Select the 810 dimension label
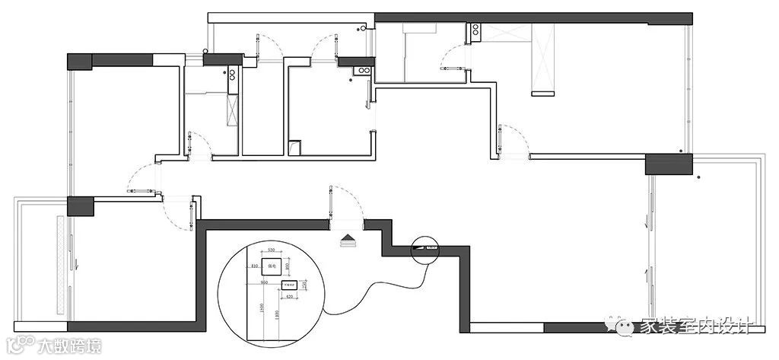[255, 266]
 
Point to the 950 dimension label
[265, 282]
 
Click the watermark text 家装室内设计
[696, 326]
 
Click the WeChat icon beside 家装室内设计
[626, 327]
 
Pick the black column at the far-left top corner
[79, 61]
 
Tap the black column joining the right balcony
[669, 164]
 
